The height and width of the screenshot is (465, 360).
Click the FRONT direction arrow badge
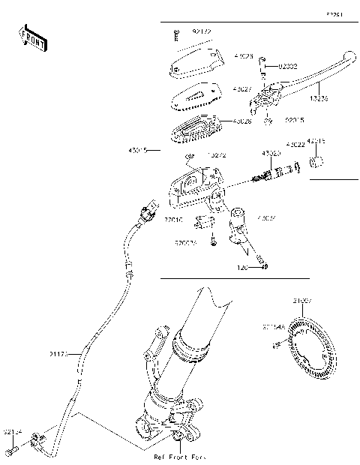tap(34, 39)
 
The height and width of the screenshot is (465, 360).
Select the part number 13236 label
tap(319, 98)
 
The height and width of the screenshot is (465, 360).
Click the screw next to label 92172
tap(175, 33)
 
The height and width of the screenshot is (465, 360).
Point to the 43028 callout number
tap(242, 121)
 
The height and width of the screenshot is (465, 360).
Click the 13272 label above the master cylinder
tap(217, 155)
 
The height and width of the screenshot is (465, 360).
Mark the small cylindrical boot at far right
tap(318, 162)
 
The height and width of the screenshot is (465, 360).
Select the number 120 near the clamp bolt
tap(243, 266)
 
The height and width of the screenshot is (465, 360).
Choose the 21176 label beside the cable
tap(59, 353)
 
